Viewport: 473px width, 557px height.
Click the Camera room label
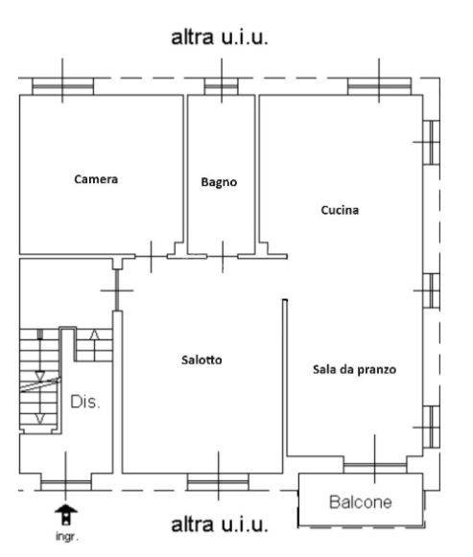pyautogui.click(x=96, y=178)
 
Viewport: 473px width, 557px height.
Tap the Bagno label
pyautogui.click(x=219, y=181)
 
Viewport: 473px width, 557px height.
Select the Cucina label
pyautogui.click(x=340, y=210)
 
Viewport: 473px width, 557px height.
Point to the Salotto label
pyautogui.click(x=201, y=360)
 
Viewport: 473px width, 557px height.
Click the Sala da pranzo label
pyautogui.click(x=354, y=369)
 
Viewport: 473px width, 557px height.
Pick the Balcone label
pyautogui.click(x=362, y=501)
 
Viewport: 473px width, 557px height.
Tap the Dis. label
pyautogui.click(x=85, y=402)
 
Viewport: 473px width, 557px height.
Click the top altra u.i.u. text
pyautogui.click(x=219, y=38)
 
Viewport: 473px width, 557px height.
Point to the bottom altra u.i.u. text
pyautogui.click(x=219, y=525)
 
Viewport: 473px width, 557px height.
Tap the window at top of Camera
pyautogui.click(x=63, y=86)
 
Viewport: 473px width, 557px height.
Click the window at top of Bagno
pyautogui.click(x=221, y=86)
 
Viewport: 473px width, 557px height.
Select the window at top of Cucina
pyautogui.click(x=378, y=86)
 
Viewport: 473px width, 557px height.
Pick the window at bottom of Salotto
pyautogui.click(x=217, y=480)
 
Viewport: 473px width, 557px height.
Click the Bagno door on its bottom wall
pyautogui.click(x=221, y=255)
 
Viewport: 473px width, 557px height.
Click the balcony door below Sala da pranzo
pyautogui.click(x=374, y=467)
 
